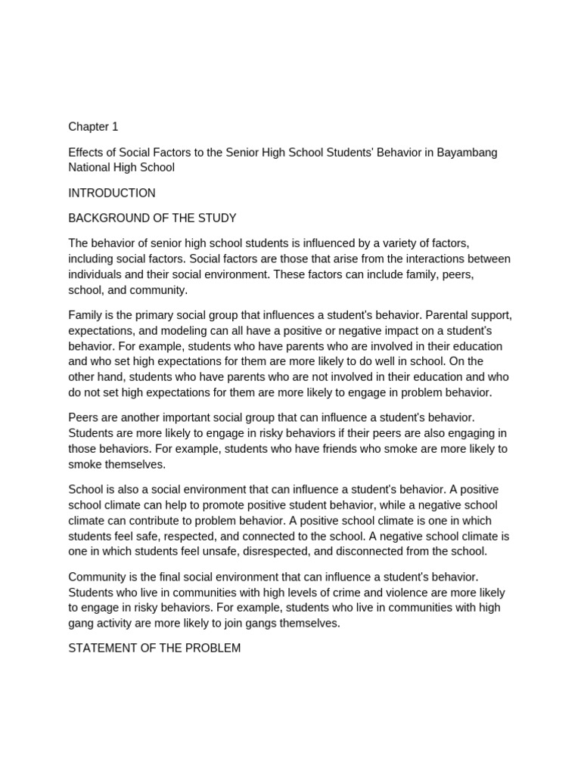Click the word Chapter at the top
pyautogui.click(x=88, y=127)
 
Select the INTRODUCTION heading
pyautogui.click(x=112, y=193)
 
